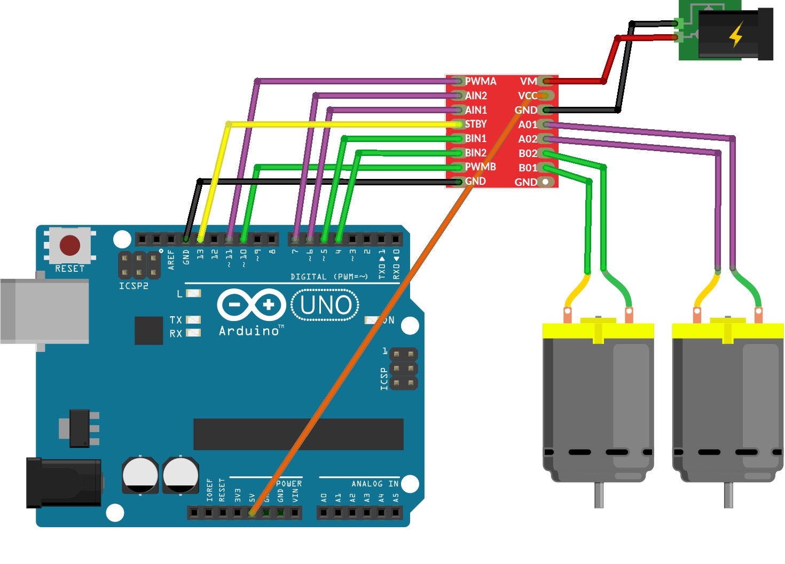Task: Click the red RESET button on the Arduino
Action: coord(70,246)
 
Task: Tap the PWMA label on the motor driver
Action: coord(480,81)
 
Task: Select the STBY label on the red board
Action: coord(475,124)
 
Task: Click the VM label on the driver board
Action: coord(528,81)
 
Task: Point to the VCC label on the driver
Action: coord(527,96)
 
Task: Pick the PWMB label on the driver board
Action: coord(480,167)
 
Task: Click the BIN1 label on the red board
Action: coord(475,138)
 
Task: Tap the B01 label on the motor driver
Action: coord(528,168)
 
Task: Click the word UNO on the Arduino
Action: coord(326,305)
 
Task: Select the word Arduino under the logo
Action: coord(249,331)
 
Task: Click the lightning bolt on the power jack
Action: coord(736,35)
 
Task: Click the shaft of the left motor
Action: coord(599,495)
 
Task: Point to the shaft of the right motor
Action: coord(728,495)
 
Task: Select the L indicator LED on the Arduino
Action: coord(193,293)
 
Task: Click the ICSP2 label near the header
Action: coord(134,286)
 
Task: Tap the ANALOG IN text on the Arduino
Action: coord(374,484)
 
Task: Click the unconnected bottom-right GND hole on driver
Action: coord(545,182)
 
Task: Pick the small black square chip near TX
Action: coord(148,331)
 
